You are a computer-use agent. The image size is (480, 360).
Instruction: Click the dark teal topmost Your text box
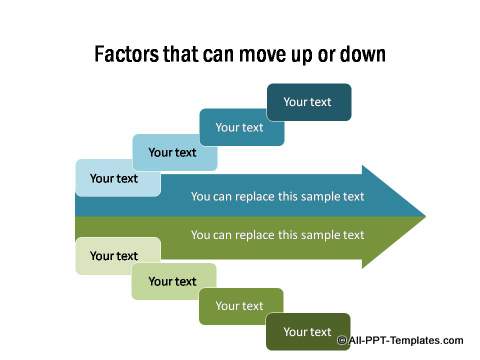click(x=308, y=101)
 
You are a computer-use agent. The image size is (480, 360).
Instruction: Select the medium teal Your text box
click(x=240, y=127)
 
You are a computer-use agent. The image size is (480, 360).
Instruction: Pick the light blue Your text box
click(x=173, y=153)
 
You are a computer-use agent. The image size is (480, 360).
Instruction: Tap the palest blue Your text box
click(x=115, y=179)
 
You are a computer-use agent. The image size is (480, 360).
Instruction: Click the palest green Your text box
click(x=115, y=256)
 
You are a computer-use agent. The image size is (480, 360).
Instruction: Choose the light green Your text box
click(x=173, y=281)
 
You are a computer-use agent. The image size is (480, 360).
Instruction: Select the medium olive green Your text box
click(x=240, y=306)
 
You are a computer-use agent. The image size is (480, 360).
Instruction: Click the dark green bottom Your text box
click(x=308, y=332)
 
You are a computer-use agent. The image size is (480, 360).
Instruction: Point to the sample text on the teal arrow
click(x=278, y=197)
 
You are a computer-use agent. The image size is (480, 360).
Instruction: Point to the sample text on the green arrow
click(x=278, y=235)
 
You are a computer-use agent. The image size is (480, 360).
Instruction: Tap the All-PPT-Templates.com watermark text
click(x=406, y=341)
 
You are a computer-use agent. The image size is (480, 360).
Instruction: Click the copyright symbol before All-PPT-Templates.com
click(x=342, y=341)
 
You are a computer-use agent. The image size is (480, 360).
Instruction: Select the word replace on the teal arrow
click(x=256, y=197)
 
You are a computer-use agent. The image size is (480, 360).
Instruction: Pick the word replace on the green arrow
click(x=256, y=235)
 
